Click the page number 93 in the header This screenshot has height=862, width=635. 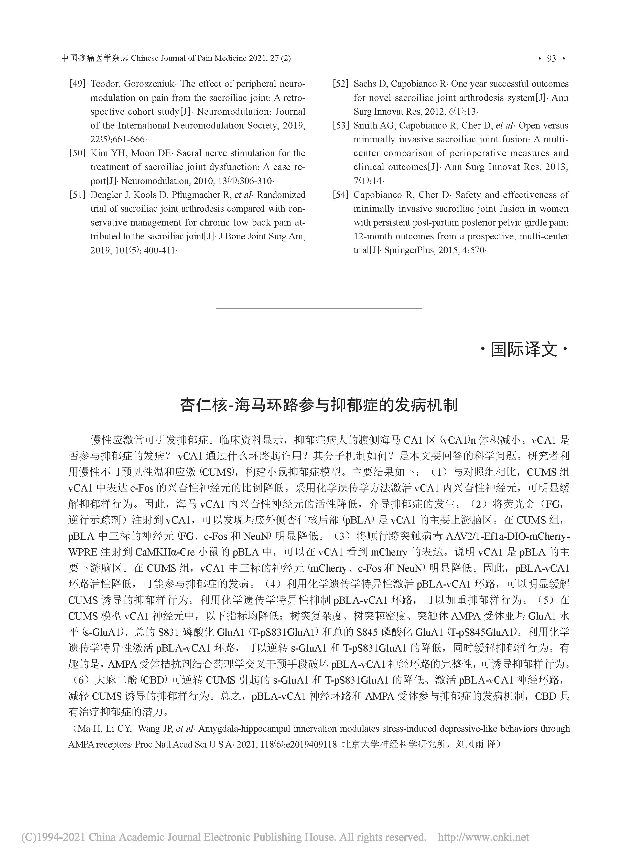click(x=551, y=58)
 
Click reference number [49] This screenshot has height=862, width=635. click(x=77, y=84)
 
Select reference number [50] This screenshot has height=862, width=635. click(x=77, y=153)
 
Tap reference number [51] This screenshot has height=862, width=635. click(x=77, y=195)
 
